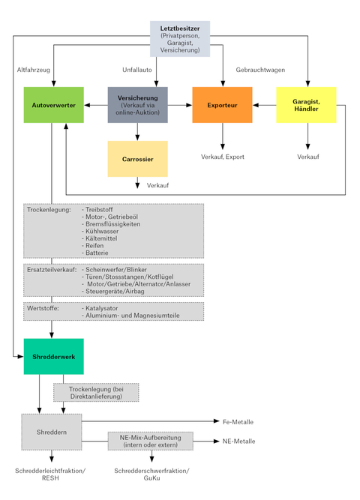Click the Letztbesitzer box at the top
coord(180,39)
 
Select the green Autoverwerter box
coord(53,105)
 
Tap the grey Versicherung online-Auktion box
coord(137,105)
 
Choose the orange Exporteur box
coord(222,105)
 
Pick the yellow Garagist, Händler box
coord(306,105)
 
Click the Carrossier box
coord(137,159)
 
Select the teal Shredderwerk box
coord(53,357)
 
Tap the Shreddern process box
coord(52,432)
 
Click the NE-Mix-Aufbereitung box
coord(150,441)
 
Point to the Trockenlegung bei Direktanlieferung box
coord(96,393)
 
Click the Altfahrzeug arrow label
coord(34,70)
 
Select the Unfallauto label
coord(137,70)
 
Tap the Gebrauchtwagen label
coord(260,70)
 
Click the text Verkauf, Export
coord(223,157)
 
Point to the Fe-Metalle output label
coord(238,422)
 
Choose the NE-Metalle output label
coord(238,442)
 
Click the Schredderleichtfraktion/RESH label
coord(50,475)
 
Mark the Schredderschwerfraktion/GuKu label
coord(151,475)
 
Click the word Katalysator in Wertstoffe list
coord(101,308)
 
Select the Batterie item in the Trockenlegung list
coord(97,253)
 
